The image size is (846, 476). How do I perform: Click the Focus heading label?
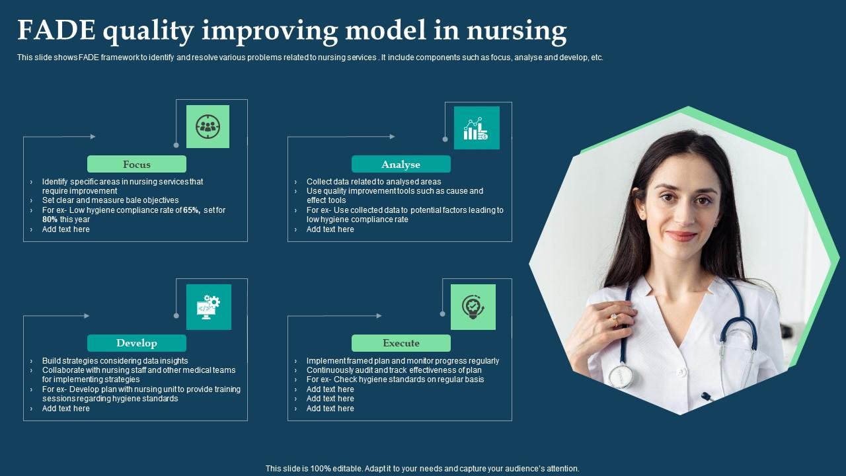click(x=137, y=165)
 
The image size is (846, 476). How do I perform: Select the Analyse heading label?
click(x=401, y=165)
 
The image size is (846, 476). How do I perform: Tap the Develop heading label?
click(x=137, y=343)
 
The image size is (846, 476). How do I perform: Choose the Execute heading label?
click(x=401, y=343)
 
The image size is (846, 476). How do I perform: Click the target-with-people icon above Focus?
click(x=208, y=126)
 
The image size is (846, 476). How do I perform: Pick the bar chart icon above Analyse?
click(x=476, y=128)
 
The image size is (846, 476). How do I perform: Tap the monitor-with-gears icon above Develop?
click(x=208, y=307)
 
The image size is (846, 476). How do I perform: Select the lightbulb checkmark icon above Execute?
click(x=473, y=307)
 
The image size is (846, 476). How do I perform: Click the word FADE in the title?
click(x=57, y=30)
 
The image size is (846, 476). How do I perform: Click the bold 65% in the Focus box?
click(x=192, y=210)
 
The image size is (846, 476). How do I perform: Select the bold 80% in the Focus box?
click(x=50, y=219)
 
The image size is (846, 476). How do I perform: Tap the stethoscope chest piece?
click(x=621, y=376)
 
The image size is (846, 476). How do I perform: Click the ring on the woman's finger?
click(x=615, y=319)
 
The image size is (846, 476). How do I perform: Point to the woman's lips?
click(x=681, y=236)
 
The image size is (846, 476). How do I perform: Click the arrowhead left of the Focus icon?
click(x=93, y=136)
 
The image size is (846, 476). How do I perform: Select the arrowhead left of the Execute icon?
click(x=379, y=315)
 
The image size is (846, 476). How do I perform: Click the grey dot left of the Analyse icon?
click(x=445, y=139)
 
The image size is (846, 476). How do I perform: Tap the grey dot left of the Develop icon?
click(x=176, y=315)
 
